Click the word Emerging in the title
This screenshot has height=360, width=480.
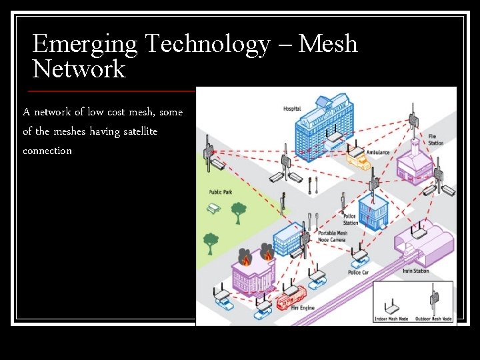coord(85,45)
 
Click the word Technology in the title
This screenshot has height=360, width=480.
coord(207,45)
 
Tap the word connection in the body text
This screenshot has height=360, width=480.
coord(47,151)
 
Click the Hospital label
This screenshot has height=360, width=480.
coord(292,109)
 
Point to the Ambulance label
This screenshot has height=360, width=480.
coord(378,153)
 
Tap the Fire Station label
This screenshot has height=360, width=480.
coord(435,140)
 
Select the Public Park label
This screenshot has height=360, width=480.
coord(220,192)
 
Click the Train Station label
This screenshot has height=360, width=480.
coord(415,271)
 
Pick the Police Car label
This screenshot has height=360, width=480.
coord(359,273)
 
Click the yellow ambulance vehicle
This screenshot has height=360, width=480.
coord(357,160)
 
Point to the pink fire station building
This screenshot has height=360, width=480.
coord(412,163)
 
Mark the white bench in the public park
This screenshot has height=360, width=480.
coord(214,209)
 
